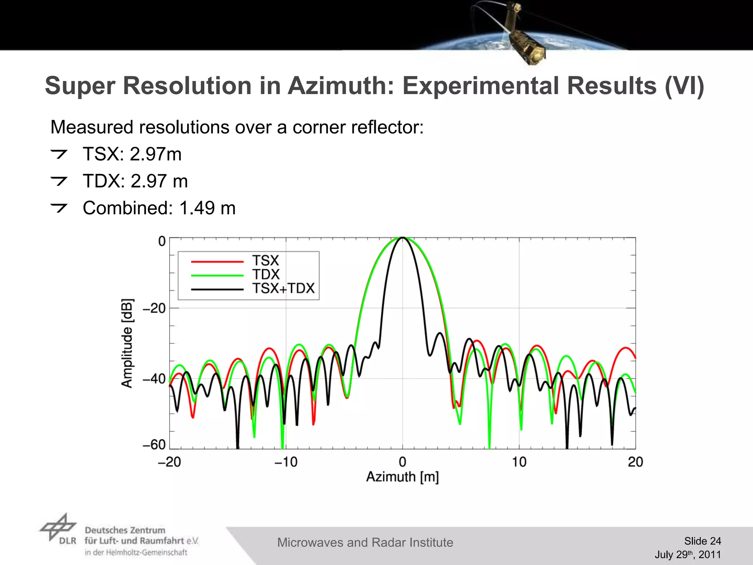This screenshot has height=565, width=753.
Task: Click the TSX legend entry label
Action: [265, 261]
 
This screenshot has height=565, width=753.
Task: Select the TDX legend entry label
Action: [266, 274]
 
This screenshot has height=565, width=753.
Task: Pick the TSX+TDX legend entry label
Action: [283, 288]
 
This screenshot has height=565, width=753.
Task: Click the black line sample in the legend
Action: [217, 289]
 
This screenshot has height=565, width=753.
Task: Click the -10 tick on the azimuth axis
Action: [286, 462]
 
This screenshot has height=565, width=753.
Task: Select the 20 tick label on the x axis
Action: [635, 462]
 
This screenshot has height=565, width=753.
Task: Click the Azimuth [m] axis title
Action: [403, 477]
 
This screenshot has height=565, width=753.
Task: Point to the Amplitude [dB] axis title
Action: [127, 343]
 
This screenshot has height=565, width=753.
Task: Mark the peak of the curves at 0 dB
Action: [403, 238]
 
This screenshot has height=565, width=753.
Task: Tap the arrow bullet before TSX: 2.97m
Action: [59, 154]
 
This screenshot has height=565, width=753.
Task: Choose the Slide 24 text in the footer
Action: [702, 541]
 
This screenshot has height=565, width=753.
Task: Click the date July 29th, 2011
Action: [688, 555]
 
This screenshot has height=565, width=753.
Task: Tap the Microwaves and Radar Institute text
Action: [365, 543]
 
